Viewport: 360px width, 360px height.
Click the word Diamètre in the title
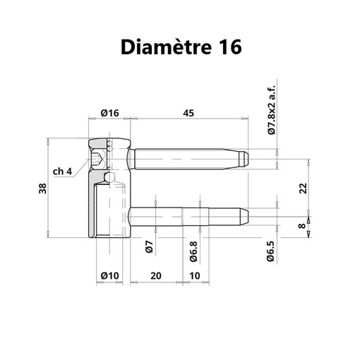166,47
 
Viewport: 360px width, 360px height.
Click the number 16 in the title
230,47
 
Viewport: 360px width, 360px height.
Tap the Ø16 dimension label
110,113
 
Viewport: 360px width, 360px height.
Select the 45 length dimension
188,113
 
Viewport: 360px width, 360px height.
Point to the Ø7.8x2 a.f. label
271,109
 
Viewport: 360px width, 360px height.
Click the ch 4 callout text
62,172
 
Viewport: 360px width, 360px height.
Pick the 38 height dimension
43,188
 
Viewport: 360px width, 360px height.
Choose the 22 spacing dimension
303,188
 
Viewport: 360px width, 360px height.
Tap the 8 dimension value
301,226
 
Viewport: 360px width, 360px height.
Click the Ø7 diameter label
150,247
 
